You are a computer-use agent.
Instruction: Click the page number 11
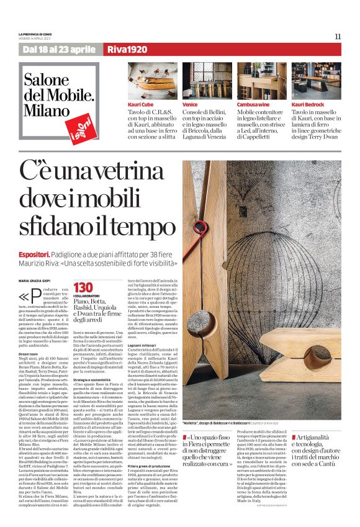[x=338, y=36]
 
